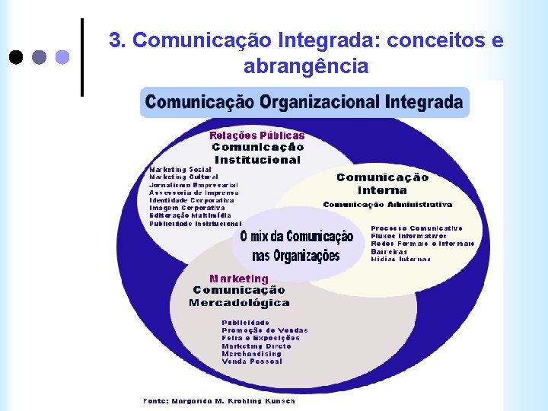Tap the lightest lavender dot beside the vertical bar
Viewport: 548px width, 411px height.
point(62,56)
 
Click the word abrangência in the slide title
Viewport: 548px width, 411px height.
point(306,67)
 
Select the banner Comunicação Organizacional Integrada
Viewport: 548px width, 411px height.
point(304,101)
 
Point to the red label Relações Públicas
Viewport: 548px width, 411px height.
point(257,135)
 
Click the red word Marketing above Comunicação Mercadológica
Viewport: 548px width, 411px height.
point(239,279)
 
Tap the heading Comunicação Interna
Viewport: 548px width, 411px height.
point(382,183)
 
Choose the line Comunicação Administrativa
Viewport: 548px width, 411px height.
point(387,205)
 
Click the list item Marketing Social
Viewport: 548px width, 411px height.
point(180,169)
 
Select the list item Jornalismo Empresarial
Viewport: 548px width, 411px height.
point(193,185)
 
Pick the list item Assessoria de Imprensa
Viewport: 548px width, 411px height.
point(193,193)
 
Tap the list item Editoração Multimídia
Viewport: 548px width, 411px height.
point(190,215)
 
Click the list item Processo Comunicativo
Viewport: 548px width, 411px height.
point(416,228)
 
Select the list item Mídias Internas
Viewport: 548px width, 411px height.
point(400,259)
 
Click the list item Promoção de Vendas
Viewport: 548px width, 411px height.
point(265,330)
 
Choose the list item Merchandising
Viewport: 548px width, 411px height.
point(251,353)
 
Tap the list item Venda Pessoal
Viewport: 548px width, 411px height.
point(251,361)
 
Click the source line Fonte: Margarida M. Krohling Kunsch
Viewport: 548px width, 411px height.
point(219,400)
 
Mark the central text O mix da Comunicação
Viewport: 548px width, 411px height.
point(296,237)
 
